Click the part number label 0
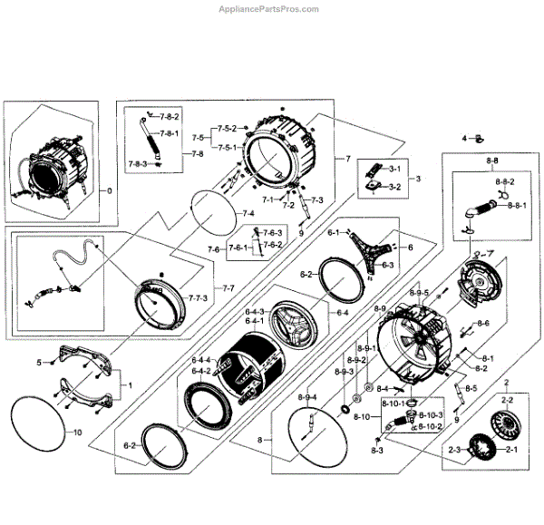(x=110, y=191)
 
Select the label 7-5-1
(x=226, y=147)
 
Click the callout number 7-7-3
(x=198, y=297)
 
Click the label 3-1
(x=394, y=169)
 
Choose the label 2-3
(x=453, y=450)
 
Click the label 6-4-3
(x=254, y=312)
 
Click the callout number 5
(x=38, y=363)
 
